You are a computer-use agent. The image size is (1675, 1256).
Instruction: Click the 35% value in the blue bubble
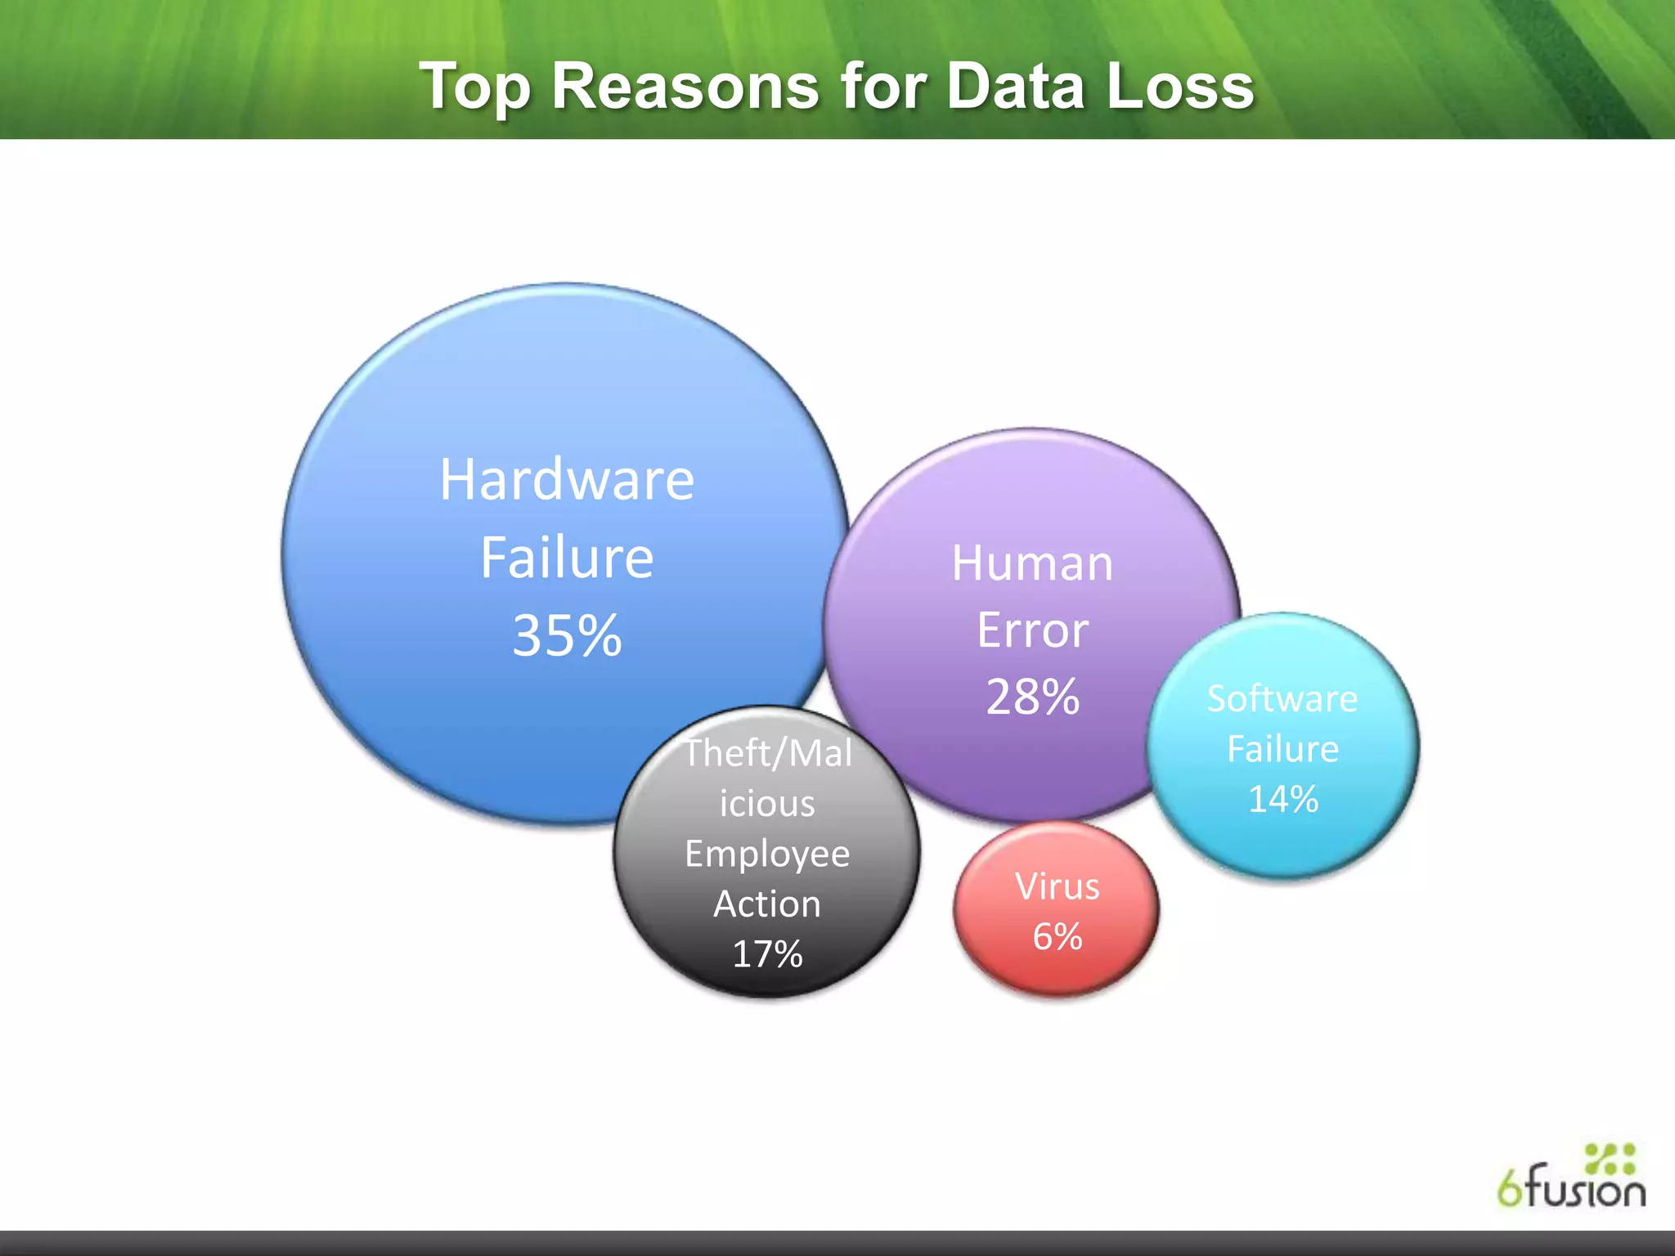(x=567, y=635)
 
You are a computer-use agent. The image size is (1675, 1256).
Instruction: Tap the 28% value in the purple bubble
(x=1032, y=697)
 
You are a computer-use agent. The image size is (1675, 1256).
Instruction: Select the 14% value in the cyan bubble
(x=1282, y=799)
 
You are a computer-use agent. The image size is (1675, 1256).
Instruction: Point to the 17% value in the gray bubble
(x=767, y=954)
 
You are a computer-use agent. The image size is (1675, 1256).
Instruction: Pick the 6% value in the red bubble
(x=1057, y=936)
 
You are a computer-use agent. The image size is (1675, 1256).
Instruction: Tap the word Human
(x=1032, y=563)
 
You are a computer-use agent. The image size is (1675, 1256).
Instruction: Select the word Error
(x=1032, y=630)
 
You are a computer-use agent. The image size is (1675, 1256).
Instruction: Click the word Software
(x=1282, y=699)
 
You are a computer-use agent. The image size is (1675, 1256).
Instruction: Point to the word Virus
(x=1057, y=886)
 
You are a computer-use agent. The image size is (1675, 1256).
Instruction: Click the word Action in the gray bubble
(x=767, y=904)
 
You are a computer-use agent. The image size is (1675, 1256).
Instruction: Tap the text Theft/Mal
(x=767, y=753)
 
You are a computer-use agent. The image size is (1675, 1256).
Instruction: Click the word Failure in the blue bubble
(x=567, y=558)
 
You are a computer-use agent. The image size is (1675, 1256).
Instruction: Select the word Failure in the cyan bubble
(x=1282, y=749)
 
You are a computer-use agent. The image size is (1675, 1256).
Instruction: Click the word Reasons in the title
(x=685, y=86)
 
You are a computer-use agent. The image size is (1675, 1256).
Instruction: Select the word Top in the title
(x=475, y=87)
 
